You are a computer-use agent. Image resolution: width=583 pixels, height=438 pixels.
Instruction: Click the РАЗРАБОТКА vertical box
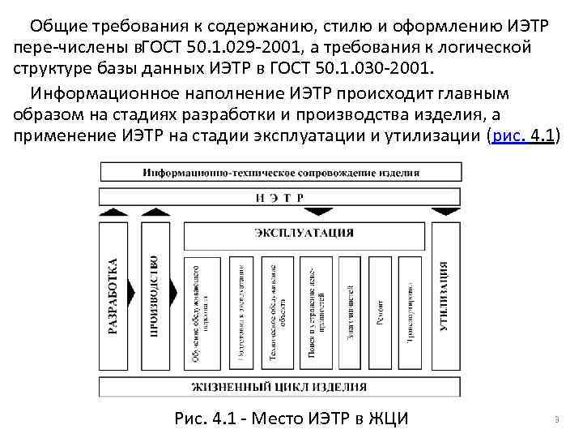114,297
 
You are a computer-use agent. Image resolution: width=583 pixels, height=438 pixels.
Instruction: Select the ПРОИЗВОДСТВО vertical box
155,297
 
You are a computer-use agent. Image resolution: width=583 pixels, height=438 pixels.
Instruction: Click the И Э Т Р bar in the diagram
277,196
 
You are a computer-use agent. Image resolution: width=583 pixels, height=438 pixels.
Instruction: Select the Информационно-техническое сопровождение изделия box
277,172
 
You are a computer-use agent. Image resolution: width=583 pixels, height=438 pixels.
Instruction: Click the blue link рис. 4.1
521,135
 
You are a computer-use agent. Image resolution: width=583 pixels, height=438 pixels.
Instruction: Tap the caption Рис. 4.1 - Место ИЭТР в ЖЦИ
291,419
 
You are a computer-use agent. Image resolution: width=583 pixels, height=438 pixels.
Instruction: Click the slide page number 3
558,419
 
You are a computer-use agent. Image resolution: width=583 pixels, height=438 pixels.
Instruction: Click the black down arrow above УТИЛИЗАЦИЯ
445,211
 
